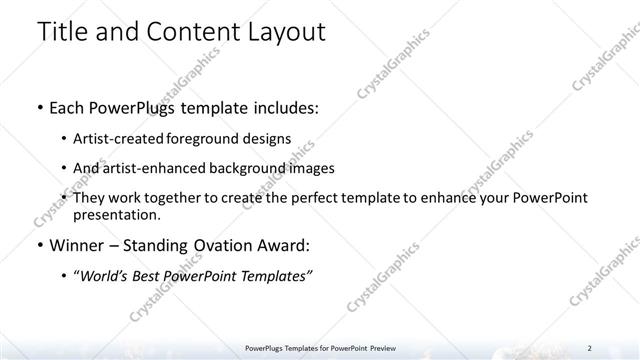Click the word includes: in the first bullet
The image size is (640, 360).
(283, 106)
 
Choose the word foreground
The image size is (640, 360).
(216, 138)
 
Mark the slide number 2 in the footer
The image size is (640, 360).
(590, 348)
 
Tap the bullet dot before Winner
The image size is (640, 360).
(39, 245)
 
